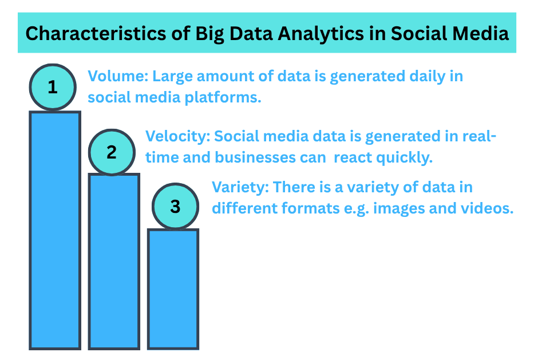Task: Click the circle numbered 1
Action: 53,88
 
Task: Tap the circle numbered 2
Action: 112,152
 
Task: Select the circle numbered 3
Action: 175,207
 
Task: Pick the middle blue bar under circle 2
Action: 114,261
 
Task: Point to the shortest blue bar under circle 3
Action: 173,288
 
